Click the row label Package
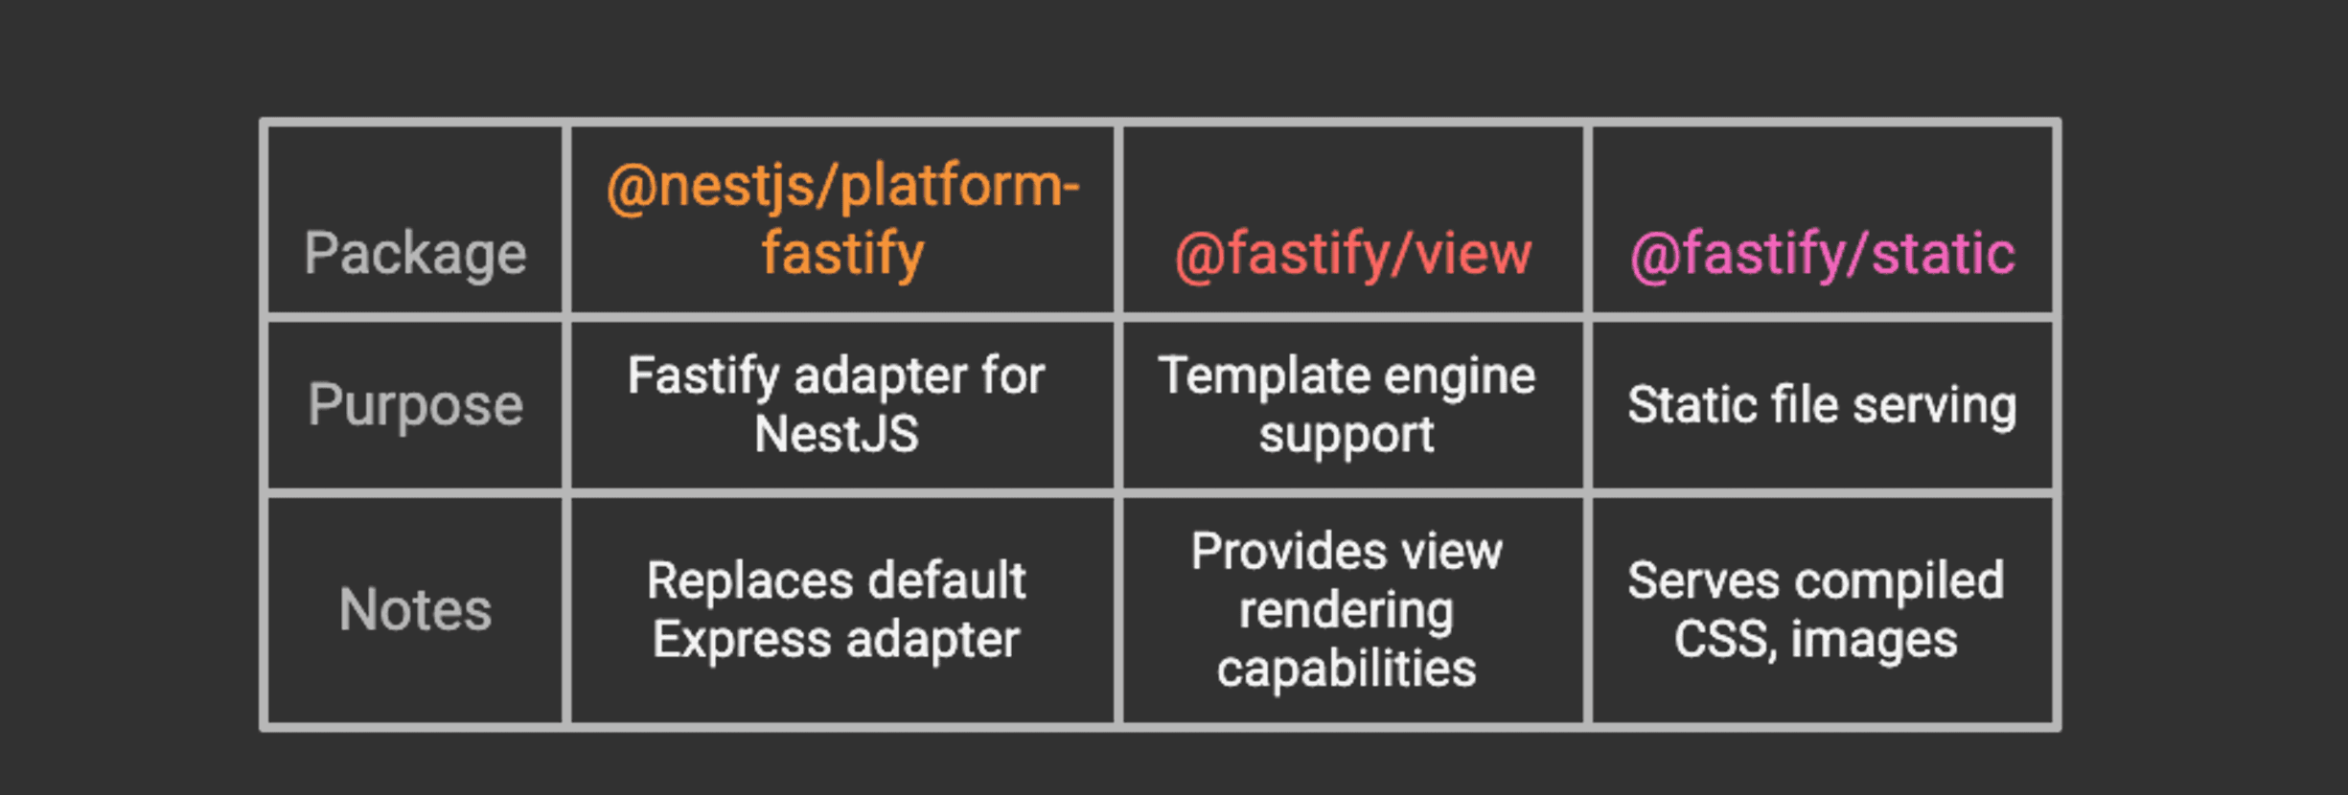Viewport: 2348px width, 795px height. (x=415, y=254)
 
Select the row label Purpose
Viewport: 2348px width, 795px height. (x=415, y=404)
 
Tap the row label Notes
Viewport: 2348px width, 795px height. (x=415, y=609)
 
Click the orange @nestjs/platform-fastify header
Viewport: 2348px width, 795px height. (x=842, y=218)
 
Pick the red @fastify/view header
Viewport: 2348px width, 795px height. (x=1352, y=255)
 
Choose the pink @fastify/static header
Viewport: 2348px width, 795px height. (x=1822, y=255)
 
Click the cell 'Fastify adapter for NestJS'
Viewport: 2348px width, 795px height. (x=836, y=404)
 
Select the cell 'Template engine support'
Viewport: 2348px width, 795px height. (x=1346, y=404)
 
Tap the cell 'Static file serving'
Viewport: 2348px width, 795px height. (x=1822, y=404)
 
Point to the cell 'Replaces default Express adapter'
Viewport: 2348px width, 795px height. (x=836, y=609)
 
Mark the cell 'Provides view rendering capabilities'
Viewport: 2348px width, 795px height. (x=1346, y=609)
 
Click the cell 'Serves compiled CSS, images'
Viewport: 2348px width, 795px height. (x=1815, y=609)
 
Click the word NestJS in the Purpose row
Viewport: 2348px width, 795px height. (x=836, y=434)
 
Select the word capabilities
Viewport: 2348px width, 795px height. (x=1346, y=669)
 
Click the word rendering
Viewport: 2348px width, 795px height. (x=1346, y=610)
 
